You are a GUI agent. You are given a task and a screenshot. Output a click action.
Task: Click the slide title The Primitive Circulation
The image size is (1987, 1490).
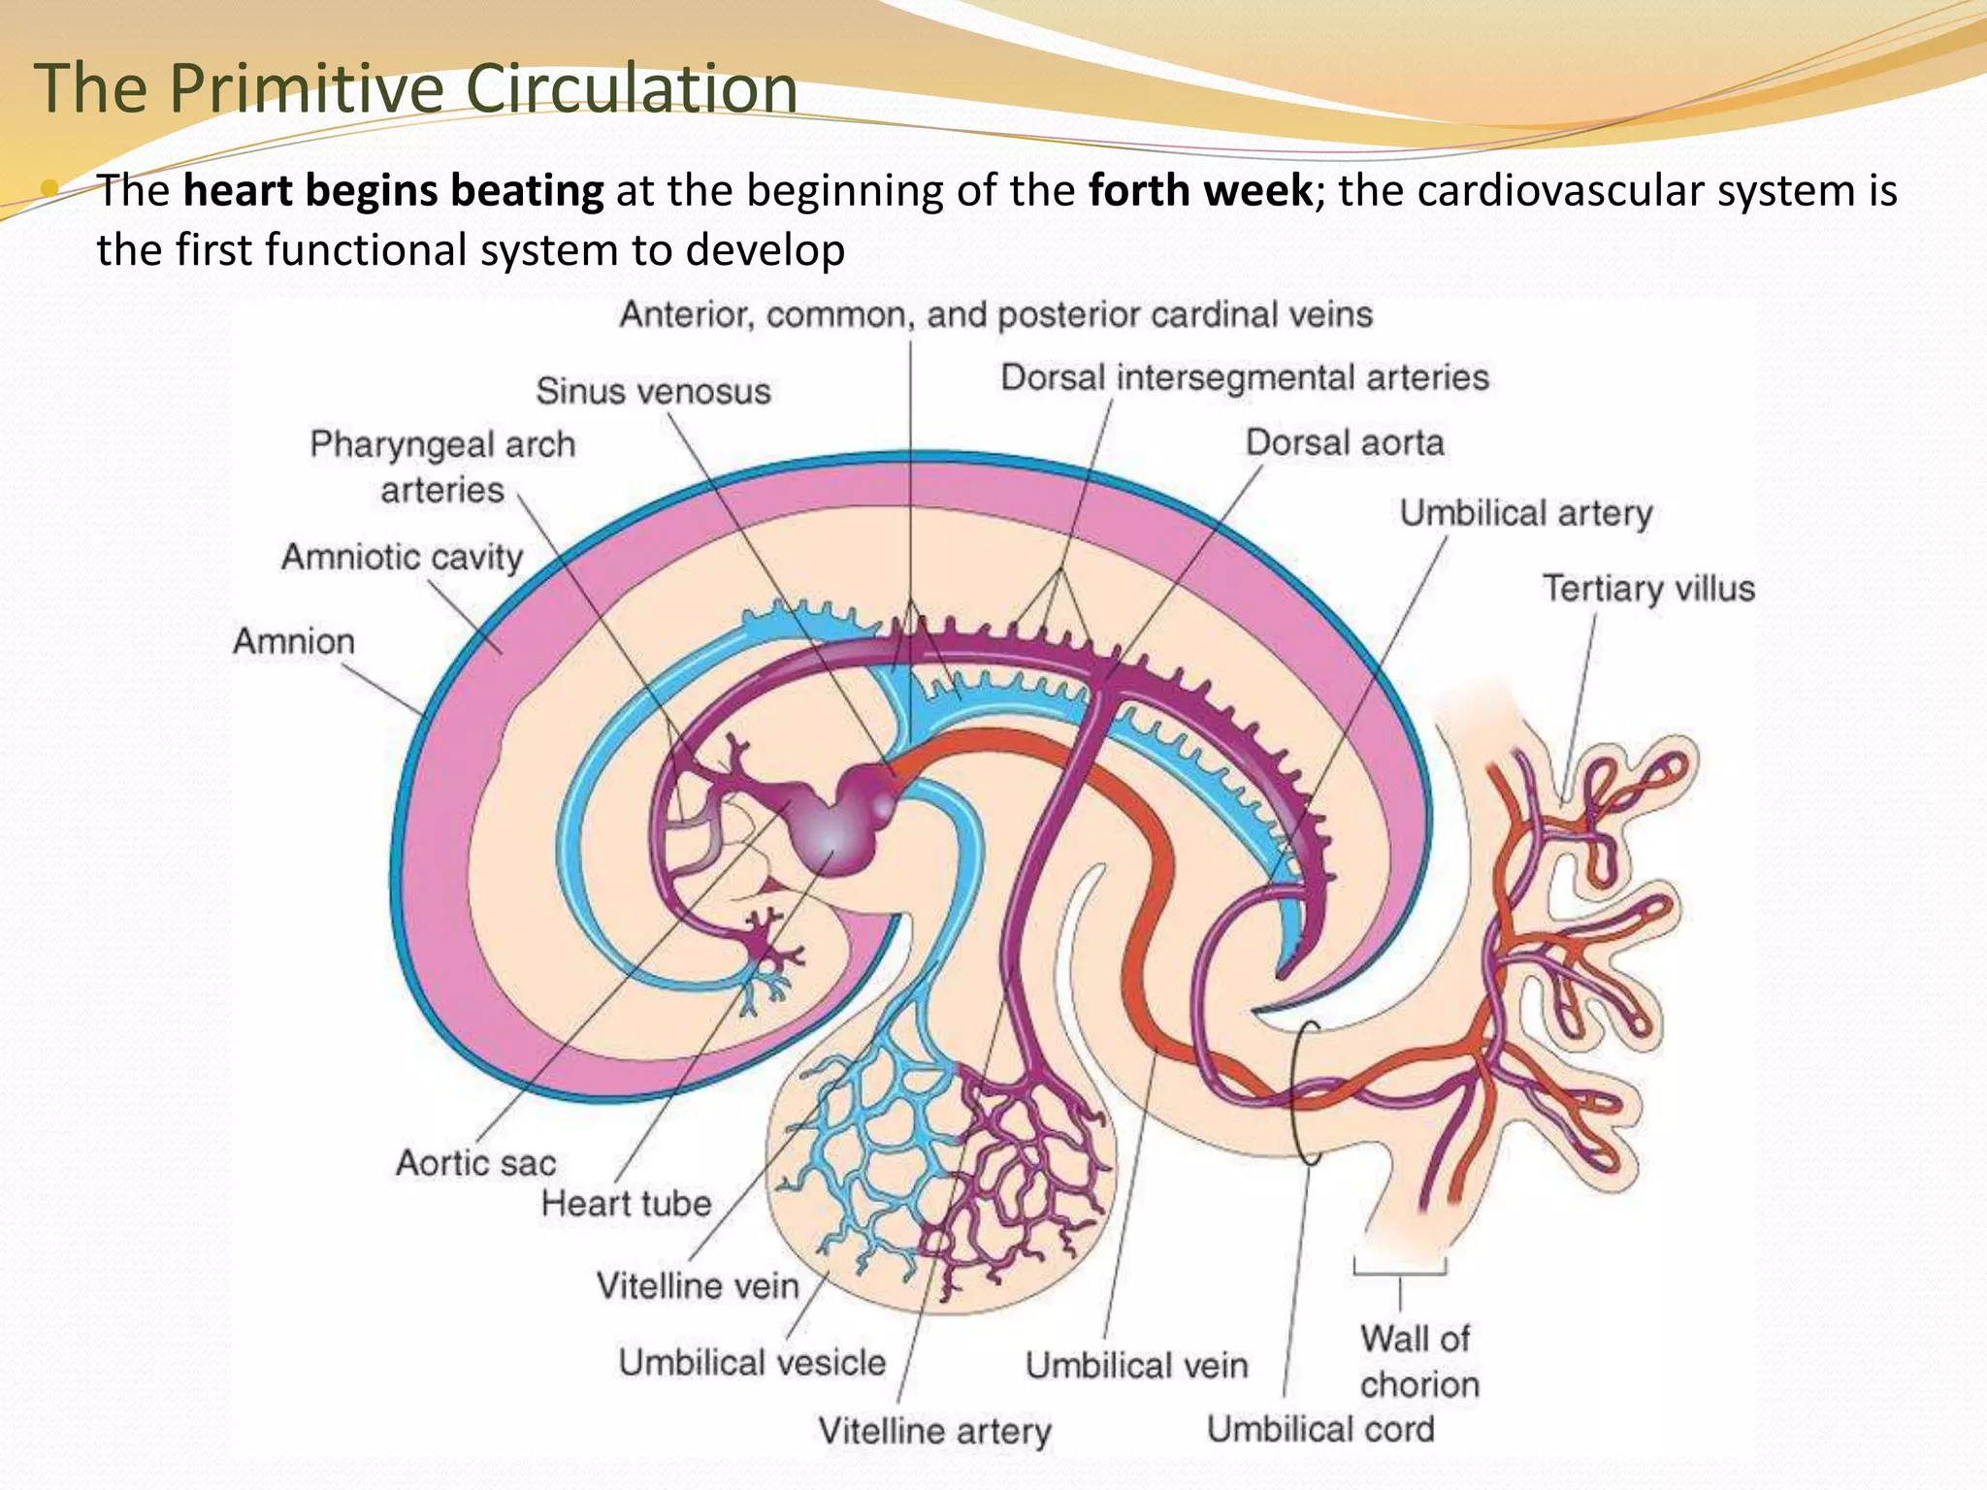click(x=415, y=87)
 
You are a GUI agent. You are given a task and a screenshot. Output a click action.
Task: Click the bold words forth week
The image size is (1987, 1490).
click(x=1200, y=190)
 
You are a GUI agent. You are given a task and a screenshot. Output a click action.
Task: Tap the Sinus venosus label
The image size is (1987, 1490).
click(x=653, y=391)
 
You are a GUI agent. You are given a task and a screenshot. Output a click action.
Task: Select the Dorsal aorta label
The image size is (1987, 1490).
click(x=1345, y=442)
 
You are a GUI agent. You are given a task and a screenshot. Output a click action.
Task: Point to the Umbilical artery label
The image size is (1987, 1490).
click(x=1525, y=513)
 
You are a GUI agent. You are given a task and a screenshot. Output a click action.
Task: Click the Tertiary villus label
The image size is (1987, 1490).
click(x=1648, y=588)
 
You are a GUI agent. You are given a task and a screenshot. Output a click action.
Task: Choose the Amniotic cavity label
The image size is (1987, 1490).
click(x=402, y=557)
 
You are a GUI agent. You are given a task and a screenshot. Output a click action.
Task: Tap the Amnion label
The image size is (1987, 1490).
click(x=294, y=641)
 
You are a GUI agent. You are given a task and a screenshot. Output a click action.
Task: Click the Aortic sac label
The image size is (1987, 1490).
click(x=475, y=1162)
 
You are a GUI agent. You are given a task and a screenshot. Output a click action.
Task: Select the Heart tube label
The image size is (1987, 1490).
click(x=626, y=1204)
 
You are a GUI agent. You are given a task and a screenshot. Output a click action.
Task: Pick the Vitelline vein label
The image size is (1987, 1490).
click(x=698, y=1286)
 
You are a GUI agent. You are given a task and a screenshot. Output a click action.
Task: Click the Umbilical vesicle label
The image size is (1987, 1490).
click(x=752, y=1362)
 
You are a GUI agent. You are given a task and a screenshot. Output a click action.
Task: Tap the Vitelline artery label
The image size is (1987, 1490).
click(x=934, y=1431)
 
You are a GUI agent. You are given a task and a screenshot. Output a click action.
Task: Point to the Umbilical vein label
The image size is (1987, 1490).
click(x=1136, y=1366)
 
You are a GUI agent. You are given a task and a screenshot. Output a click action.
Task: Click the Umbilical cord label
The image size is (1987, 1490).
click(x=1320, y=1429)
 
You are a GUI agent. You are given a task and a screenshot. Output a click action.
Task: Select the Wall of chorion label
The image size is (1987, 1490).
click(x=1417, y=1361)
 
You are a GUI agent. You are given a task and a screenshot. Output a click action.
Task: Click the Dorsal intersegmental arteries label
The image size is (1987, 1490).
click(x=1245, y=377)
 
